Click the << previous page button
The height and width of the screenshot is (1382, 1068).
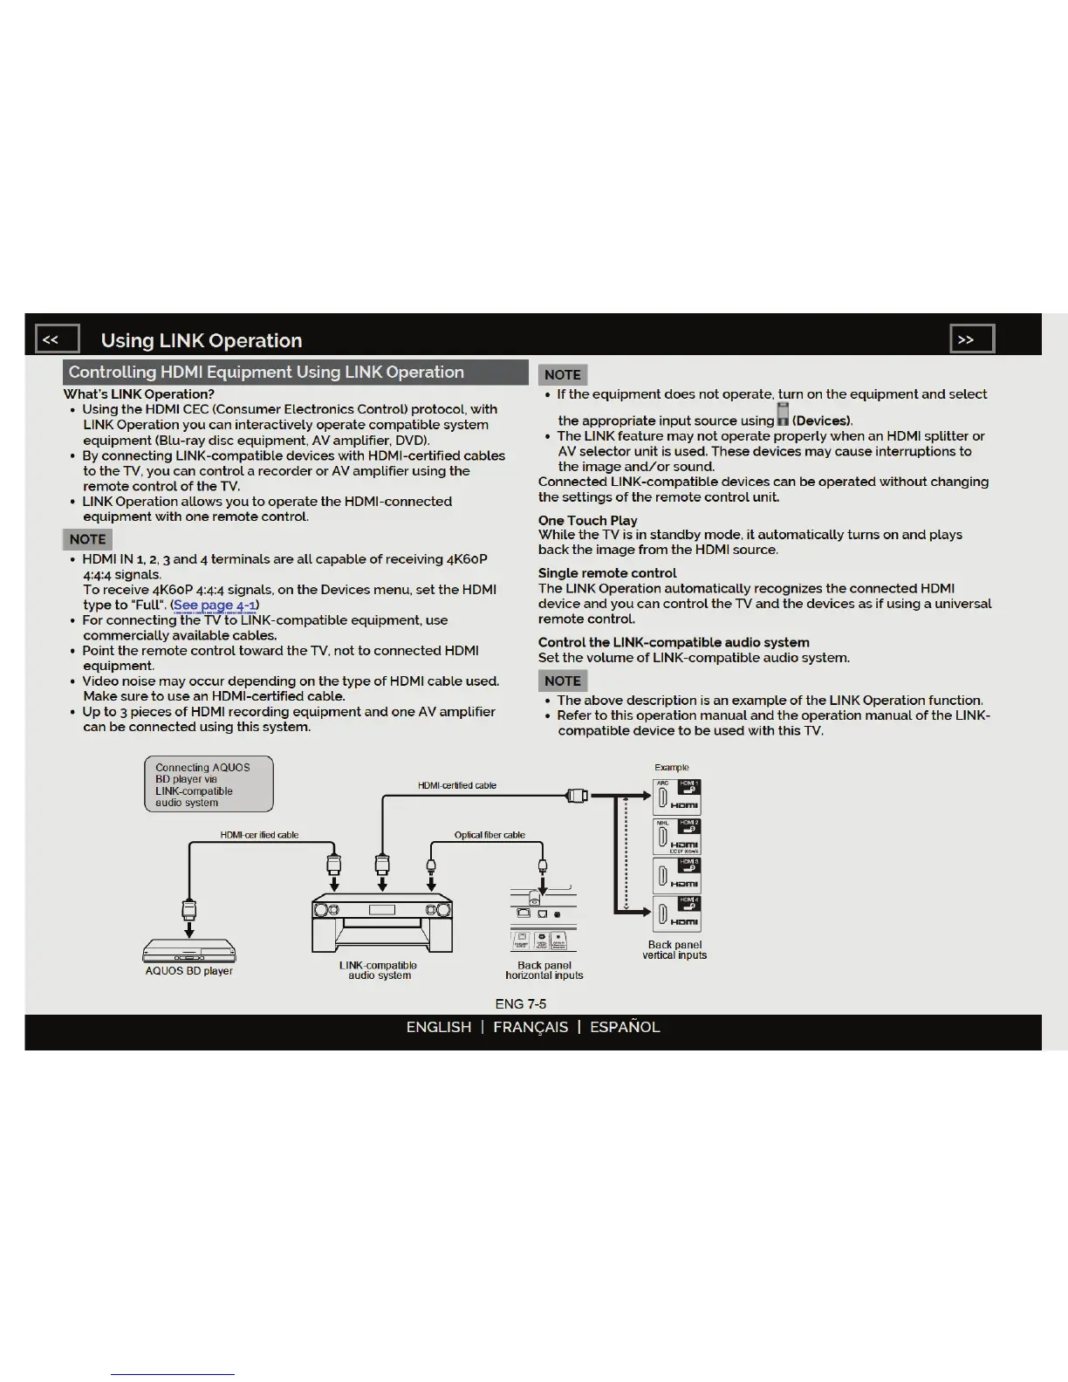pos(57,339)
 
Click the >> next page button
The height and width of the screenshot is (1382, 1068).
pos(971,339)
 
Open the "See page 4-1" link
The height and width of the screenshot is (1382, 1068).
pos(215,605)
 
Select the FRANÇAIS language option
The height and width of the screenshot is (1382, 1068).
pos(531,1027)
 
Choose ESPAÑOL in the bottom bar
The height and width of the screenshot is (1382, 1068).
pos(625,1027)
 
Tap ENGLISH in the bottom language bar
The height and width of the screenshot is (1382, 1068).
pos(438,1027)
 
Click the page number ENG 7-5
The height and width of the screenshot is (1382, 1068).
pos(520,1003)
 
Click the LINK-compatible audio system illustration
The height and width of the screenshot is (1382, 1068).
pos(382,922)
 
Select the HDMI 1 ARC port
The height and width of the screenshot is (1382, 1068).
pos(676,797)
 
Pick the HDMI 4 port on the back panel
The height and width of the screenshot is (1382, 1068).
pos(676,913)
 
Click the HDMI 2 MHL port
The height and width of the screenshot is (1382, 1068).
pos(676,836)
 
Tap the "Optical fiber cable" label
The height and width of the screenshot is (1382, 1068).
pos(489,835)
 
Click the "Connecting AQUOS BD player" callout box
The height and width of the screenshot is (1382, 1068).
pos(209,784)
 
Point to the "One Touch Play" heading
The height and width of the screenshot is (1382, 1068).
pos(587,520)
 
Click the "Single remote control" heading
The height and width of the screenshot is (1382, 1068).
pos(607,573)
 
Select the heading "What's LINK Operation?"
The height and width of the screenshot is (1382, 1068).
pos(139,394)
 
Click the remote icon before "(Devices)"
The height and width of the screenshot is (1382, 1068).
pos(783,414)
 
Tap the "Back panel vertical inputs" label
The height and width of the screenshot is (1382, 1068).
pos(674,950)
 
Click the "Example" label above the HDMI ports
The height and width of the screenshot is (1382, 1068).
pos(672,768)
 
